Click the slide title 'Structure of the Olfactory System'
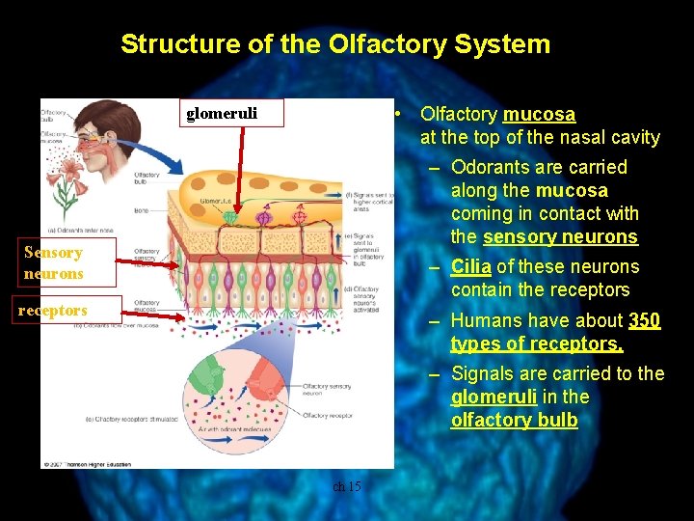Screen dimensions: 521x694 (335, 44)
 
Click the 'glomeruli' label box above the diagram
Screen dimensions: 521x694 (222, 114)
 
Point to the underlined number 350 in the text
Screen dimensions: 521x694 (644, 320)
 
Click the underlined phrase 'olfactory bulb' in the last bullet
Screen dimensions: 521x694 (514, 421)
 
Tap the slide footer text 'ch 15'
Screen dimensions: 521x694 (346, 486)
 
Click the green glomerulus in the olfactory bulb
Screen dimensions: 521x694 (228, 216)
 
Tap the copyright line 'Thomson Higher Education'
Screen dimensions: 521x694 (87, 463)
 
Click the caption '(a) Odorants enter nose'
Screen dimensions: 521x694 (79, 230)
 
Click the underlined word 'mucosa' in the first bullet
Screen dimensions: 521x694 (539, 115)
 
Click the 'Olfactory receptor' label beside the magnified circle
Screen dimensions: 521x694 (327, 415)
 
